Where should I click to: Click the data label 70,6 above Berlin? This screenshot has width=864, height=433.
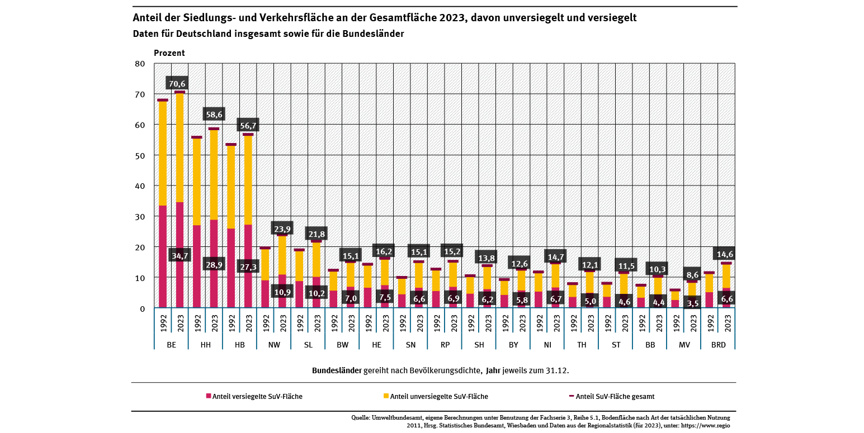pyautogui.click(x=177, y=84)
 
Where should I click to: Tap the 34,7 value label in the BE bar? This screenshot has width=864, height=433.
pyautogui.click(x=180, y=255)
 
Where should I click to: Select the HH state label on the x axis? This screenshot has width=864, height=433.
pyautogui.click(x=205, y=345)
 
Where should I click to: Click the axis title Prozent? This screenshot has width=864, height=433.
pyautogui.click(x=169, y=53)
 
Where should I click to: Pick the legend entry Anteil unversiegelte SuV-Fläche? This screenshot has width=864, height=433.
pyautogui.click(x=439, y=396)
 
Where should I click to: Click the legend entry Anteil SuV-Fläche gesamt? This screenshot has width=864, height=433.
pyautogui.click(x=615, y=396)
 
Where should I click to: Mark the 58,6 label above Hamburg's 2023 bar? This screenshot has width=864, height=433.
pyautogui.click(x=214, y=115)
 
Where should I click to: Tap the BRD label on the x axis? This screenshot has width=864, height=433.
pyautogui.click(x=718, y=345)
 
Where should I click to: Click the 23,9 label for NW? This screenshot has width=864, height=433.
pyautogui.click(x=282, y=229)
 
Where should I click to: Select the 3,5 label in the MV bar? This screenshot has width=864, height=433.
pyautogui.click(x=692, y=303)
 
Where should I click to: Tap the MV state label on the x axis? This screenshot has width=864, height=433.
pyautogui.click(x=684, y=345)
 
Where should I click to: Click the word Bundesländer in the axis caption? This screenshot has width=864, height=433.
pyautogui.click(x=337, y=370)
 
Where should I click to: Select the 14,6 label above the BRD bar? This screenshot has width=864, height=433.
pyautogui.click(x=726, y=253)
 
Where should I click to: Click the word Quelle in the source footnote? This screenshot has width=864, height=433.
pyautogui.click(x=361, y=417)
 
